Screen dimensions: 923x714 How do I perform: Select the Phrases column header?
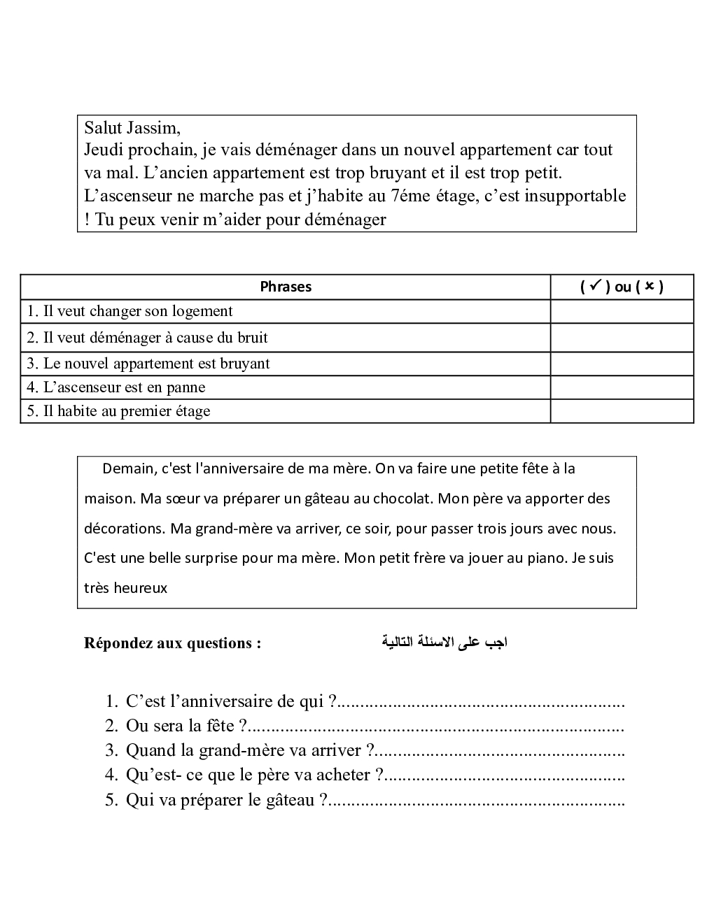[x=286, y=287]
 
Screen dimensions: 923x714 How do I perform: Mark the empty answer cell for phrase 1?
[x=622, y=311]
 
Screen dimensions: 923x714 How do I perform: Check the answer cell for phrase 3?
[x=622, y=364]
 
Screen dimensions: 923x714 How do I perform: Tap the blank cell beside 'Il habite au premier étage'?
[x=622, y=411]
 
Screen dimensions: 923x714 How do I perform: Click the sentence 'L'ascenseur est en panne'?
[x=116, y=387]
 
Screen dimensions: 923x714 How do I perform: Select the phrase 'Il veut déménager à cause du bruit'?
[x=147, y=338]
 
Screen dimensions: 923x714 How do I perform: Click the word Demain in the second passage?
[x=128, y=468]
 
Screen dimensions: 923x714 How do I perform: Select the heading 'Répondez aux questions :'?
[x=172, y=643]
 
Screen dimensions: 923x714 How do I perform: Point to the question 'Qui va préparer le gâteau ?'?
[x=226, y=800]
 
